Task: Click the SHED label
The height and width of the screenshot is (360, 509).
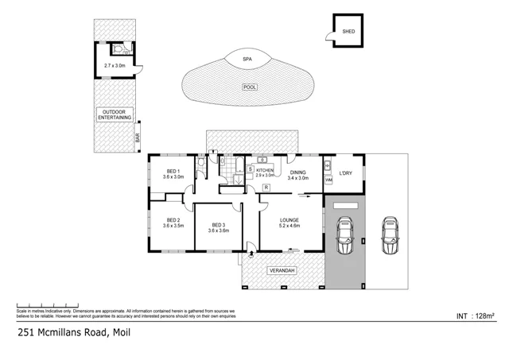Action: coord(348,33)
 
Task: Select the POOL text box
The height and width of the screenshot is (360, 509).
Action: coord(250,87)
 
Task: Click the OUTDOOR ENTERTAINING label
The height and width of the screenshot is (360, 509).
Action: coord(114,114)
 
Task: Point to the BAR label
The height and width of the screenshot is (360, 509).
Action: coord(138,137)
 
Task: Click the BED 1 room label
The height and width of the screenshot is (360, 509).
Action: coord(173,171)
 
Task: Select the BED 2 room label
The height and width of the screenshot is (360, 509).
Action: coord(173,219)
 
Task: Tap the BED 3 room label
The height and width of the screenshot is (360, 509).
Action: coord(218,225)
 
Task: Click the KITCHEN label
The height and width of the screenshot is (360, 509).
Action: coord(265,169)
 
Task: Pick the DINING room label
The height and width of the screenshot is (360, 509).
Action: coord(297,172)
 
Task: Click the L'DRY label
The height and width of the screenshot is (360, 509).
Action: coord(346,172)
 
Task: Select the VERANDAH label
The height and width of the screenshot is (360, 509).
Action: coord(282,271)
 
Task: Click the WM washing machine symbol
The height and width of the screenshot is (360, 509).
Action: coord(328,180)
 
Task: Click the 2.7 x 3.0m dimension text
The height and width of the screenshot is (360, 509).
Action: coord(115,66)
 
